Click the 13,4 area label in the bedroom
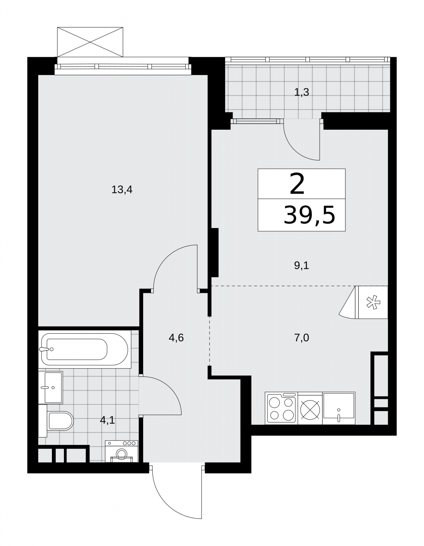pos(122,190)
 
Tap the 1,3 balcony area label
pos(301,92)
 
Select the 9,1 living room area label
pos(301,265)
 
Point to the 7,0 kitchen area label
pos(301,338)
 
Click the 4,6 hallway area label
pos(176,338)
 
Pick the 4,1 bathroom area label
pos(107,420)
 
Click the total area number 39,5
pos(309,215)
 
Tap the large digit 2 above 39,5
pos(297,184)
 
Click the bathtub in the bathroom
pos(85,349)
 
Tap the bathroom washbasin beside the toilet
pos(51,387)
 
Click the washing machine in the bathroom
pos(122,451)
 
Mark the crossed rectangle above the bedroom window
pos(90,42)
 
